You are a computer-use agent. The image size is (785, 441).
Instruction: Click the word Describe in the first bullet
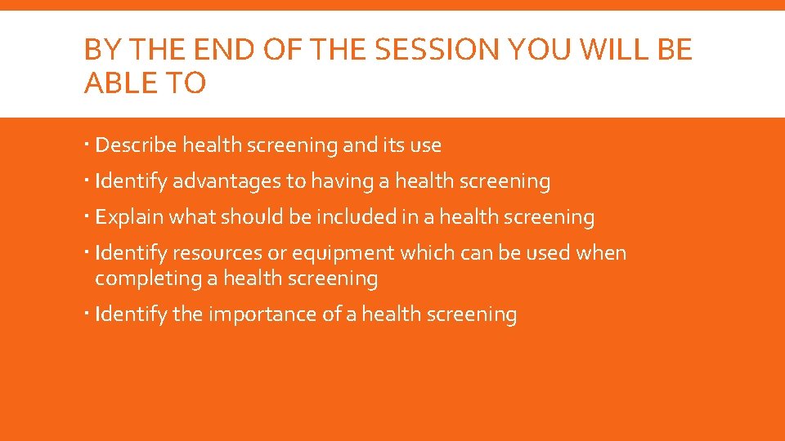(x=136, y=145)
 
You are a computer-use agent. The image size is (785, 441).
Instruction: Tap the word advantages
(x=226, y=181)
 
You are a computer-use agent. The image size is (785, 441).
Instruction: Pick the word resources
(x=219, y=253)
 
